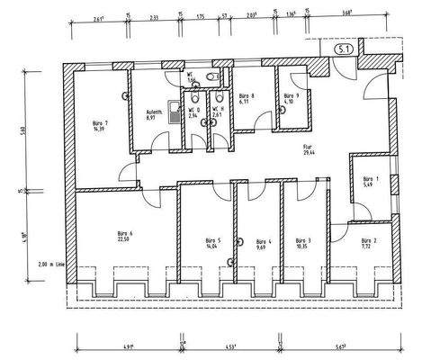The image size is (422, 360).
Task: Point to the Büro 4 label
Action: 262,244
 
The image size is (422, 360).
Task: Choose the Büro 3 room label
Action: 302,244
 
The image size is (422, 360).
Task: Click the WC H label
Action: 217,113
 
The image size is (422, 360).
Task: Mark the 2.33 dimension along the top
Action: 155,16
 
